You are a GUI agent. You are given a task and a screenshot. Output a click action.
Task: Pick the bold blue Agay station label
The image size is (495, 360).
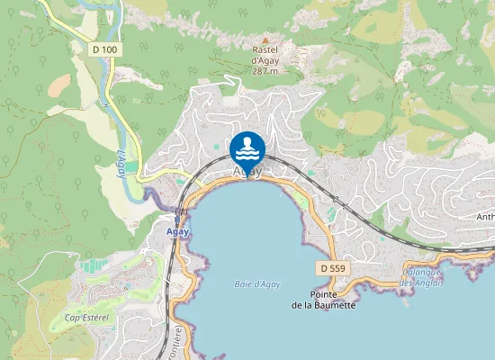coord(178,230)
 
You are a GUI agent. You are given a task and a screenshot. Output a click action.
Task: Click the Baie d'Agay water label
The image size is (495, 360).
coord(257,284)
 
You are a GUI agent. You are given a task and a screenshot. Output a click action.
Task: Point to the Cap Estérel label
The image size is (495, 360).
coord(87,318)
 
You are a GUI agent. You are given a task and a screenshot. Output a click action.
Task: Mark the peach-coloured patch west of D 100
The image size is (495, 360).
coord(58,85)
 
